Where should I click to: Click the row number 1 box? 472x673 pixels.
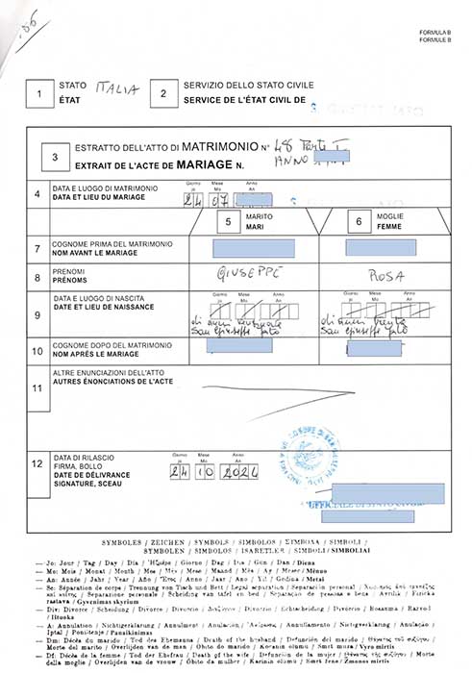point(38,93)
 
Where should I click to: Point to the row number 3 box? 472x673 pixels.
point(55,158)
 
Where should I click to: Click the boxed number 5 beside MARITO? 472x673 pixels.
point(228,222)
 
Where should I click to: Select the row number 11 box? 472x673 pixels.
point(37,388)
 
